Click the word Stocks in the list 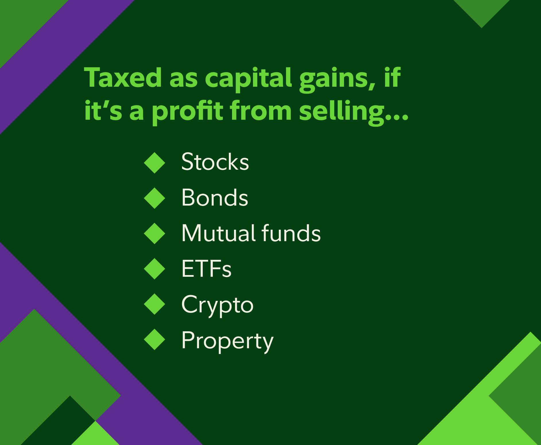[215, 162]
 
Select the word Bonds [215, 198]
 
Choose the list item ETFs [206, 268]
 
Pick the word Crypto [217, 305]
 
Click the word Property [227, 341]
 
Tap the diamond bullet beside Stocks [154, 163]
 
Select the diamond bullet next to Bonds [154, 198]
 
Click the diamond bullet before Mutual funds [154, 233]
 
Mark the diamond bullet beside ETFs [154, 269]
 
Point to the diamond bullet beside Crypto [154, 304]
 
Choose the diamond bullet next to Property [154, 339]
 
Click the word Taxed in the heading [123, 77]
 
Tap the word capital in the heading [249, 79]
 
